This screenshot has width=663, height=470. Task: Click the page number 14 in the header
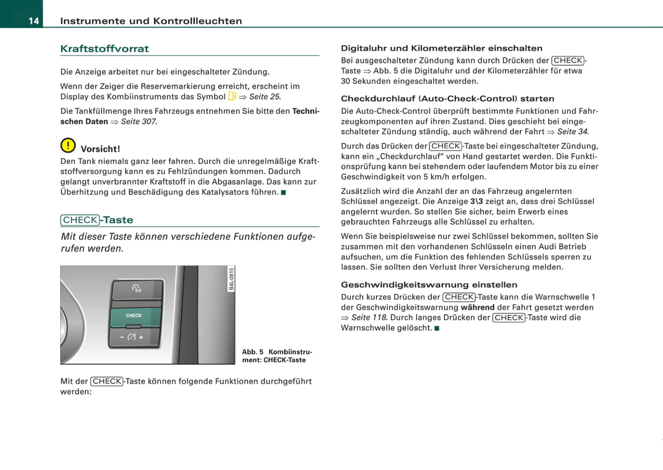33,21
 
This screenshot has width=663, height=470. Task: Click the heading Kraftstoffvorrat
105,49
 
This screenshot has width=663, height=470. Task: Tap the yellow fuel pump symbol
232,96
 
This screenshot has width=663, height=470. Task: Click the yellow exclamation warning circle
68,146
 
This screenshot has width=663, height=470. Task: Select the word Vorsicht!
100,149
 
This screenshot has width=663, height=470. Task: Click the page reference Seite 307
138,121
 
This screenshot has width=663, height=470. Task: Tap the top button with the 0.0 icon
137,290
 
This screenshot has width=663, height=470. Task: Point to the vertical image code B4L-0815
231,279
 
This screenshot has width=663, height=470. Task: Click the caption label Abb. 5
253,352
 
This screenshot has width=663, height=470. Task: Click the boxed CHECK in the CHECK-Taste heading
80,220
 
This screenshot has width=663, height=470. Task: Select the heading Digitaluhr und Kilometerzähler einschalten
441,48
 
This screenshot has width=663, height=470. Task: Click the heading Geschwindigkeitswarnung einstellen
429,284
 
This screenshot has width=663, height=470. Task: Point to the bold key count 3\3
476,202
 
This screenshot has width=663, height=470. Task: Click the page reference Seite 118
369,317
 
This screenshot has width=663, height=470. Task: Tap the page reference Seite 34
572,131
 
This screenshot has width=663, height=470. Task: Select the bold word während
477,307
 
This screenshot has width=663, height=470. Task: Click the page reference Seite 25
264,97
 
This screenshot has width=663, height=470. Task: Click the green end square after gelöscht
437,328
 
